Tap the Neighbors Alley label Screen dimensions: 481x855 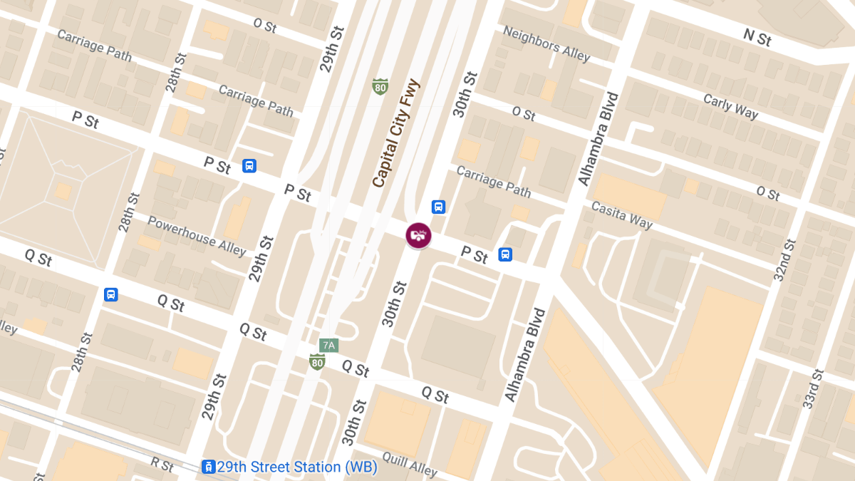click(546, 43)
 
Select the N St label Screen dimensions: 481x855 click(757, 37)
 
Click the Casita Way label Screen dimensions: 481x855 click(621, 214)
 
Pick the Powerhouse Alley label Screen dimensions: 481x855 click(197, 236)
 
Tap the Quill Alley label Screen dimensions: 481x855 click(413, 467)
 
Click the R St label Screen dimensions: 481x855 click(162, 465)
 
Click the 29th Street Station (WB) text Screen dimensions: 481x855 click(297, 467)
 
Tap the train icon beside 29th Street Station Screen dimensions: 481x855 click(209, 467)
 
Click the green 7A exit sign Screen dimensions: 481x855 click(328, 346)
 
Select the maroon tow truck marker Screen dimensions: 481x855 click(418, 235)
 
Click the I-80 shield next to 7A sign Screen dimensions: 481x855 click(318, 361)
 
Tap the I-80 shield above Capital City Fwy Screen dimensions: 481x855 click(380, 86)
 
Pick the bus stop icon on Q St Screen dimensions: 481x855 click(110, 294)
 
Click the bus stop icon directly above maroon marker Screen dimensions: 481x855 click(438, 207)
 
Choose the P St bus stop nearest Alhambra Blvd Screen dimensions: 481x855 click(505, 254)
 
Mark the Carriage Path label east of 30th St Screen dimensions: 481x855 click(493, 181)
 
